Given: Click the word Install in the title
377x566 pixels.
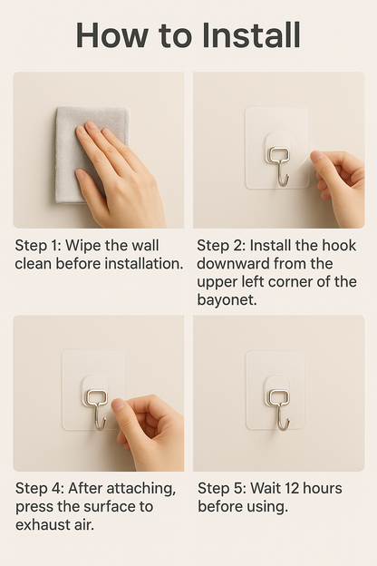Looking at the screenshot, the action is click(251, 35).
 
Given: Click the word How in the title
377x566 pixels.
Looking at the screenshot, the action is click(111, 35).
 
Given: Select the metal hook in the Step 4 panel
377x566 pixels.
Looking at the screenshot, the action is click(95, 409).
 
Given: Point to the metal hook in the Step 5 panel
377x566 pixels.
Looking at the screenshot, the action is click(279, 409).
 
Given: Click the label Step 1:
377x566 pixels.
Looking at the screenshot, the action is click(38, 246).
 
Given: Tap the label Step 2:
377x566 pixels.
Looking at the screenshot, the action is click(221, 246).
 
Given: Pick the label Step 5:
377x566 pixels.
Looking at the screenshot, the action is click(222, 489).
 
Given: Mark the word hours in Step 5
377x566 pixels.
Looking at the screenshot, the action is click(322, 489).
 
